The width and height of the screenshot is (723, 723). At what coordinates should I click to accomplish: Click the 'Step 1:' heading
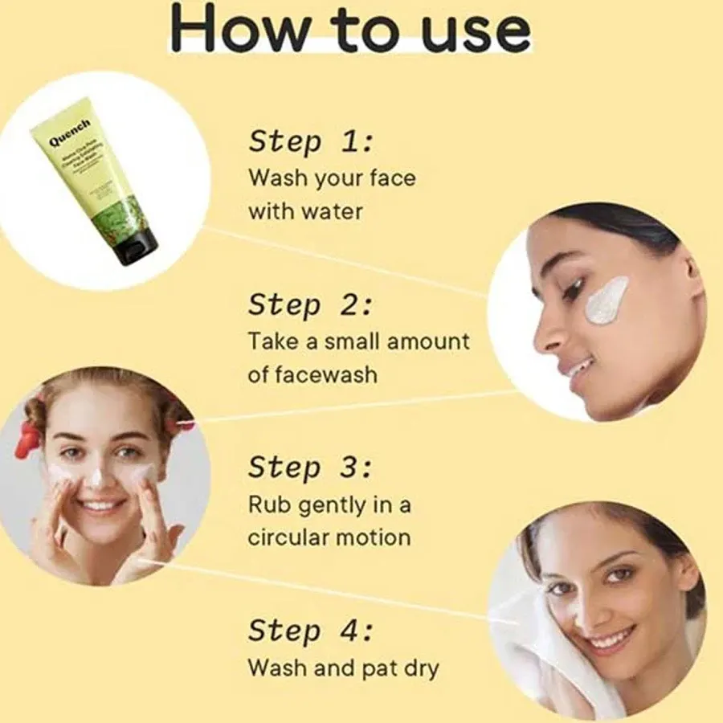311,142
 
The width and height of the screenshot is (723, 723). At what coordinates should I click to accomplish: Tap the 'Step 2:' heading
311,305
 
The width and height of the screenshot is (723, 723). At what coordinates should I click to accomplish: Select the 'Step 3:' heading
311,468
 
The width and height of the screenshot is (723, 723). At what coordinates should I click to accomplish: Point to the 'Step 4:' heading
311,631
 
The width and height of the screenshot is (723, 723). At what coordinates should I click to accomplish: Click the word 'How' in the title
239,31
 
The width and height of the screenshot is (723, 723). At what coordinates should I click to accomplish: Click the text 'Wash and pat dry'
344,668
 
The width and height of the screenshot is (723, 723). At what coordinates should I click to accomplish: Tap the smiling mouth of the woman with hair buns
102,506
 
